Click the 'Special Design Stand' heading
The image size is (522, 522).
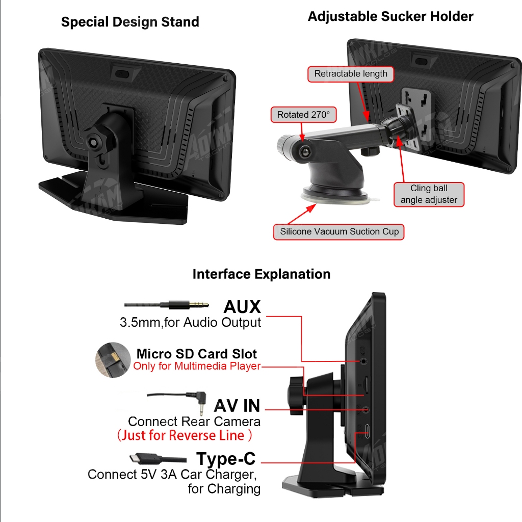click(x=130, y=22)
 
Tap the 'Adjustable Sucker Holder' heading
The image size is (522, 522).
click(x=390, y=16)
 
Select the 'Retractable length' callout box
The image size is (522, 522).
click(x=351, y=74)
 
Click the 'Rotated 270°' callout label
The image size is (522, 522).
click(x=304, y=115)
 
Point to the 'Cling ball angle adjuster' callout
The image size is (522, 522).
click(x=429, y=194)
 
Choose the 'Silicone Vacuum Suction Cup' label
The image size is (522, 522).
click(x=339, y=232)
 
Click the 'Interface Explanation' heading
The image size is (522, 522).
click(x=262, y=274)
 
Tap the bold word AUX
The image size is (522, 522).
click(x=242, y=306)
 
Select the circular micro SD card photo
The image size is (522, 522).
click(x=113, y=360)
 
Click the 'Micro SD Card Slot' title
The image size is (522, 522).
click(x=196, y=354)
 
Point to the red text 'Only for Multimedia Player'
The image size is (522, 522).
click(x=197, y=366)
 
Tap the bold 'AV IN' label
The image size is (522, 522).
click(x=237, y=406)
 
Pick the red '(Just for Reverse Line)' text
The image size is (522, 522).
click(x=185, y=435)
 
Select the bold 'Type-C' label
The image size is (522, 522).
click(x=226, y=459)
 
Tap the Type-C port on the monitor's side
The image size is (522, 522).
click(x=367, y=431)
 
